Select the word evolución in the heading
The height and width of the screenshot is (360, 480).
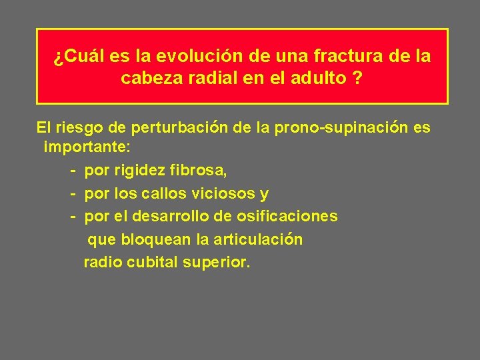176,57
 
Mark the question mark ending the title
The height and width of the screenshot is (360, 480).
359,79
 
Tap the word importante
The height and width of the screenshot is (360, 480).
86,149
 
